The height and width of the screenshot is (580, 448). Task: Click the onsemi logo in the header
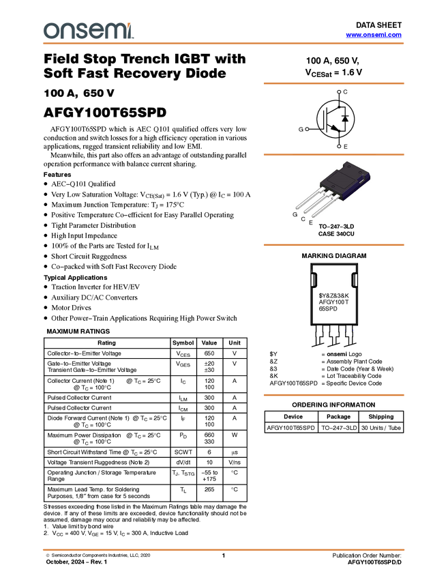click(88, 31)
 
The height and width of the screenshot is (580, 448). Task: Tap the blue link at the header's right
click(374, 35)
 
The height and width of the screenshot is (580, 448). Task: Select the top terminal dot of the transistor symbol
click(339, 91)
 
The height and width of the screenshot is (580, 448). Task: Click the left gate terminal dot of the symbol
click(307, 129)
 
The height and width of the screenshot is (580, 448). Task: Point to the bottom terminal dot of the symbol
click(339, 146)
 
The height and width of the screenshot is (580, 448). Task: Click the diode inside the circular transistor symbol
click(345, 119)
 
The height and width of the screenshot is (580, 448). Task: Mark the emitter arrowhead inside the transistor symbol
click(335, 127)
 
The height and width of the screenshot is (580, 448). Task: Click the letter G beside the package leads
click(295, 214)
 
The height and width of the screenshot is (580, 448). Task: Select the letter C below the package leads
click(303, 219)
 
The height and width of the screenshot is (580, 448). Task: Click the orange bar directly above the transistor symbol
click(333, 83)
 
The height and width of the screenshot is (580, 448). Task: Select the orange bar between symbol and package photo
click(333, 154)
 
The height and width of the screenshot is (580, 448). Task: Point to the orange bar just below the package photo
click(333, 245)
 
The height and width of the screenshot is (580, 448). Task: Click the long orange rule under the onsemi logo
click(224, 44)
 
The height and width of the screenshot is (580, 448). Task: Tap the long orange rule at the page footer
click(224, 549)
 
